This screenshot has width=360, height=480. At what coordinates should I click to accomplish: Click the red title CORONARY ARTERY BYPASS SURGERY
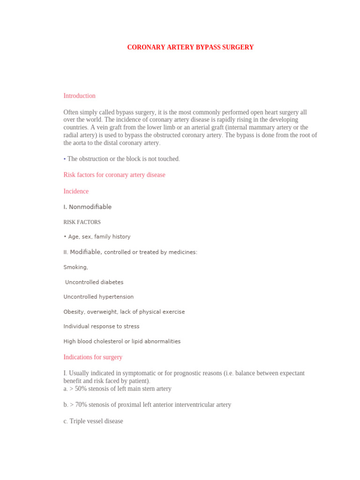click(190, 47)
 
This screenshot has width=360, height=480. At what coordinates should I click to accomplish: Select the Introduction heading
click(79, 96)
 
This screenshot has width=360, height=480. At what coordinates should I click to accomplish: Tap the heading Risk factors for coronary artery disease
click(114, 175)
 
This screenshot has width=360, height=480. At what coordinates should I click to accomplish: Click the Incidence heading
click(76, 191)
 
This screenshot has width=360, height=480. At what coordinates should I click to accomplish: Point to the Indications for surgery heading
click(93, 357)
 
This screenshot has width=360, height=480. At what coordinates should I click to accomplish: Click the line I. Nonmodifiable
click(87, 207)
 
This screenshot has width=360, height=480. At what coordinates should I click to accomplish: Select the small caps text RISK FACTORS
click(82, 222)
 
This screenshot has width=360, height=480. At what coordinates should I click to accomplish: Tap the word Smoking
click(75, 267)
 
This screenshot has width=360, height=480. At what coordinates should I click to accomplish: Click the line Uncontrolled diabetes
click(94, 282)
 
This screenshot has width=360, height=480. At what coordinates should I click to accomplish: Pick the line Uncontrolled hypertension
click(98, 297)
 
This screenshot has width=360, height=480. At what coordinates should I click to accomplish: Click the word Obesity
click(74, 312)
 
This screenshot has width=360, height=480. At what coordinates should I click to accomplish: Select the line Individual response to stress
click(101, 326)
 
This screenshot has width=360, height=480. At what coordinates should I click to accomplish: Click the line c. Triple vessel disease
click(93, 421)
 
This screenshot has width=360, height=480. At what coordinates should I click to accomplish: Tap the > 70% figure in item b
click(78, 405)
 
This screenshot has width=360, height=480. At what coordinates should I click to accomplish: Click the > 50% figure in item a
click(77, 389)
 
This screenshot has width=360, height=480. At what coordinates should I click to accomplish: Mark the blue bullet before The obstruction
click(65, 159)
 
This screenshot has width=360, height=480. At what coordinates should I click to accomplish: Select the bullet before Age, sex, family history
click(65, 237)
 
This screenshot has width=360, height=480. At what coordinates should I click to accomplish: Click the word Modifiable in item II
click(85, 252)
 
